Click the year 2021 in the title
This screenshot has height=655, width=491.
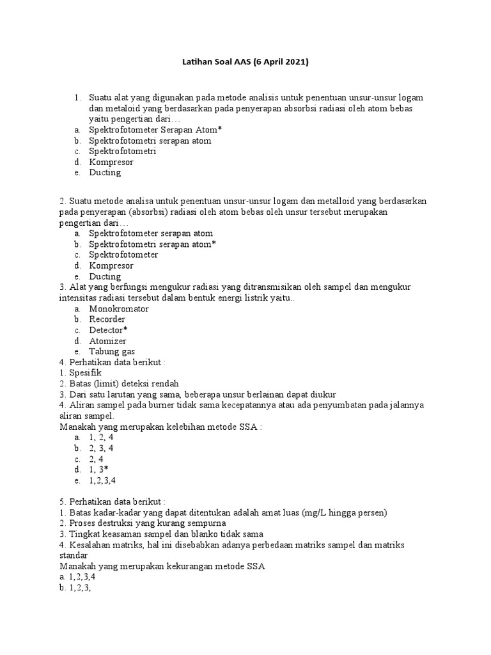[295, 62]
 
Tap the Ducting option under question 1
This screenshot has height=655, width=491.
[105, 173]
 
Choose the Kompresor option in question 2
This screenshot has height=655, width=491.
[111, 265]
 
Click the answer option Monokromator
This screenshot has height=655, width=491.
[119, 308]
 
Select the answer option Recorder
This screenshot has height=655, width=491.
[107, 319]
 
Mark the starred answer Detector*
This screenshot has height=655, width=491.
[109, 330]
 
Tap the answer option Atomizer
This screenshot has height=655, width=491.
[107, 341]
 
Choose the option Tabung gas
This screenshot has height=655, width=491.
[112, 352]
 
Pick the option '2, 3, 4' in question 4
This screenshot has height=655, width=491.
[102, 448]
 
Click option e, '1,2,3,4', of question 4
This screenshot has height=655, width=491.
[103, 480]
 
